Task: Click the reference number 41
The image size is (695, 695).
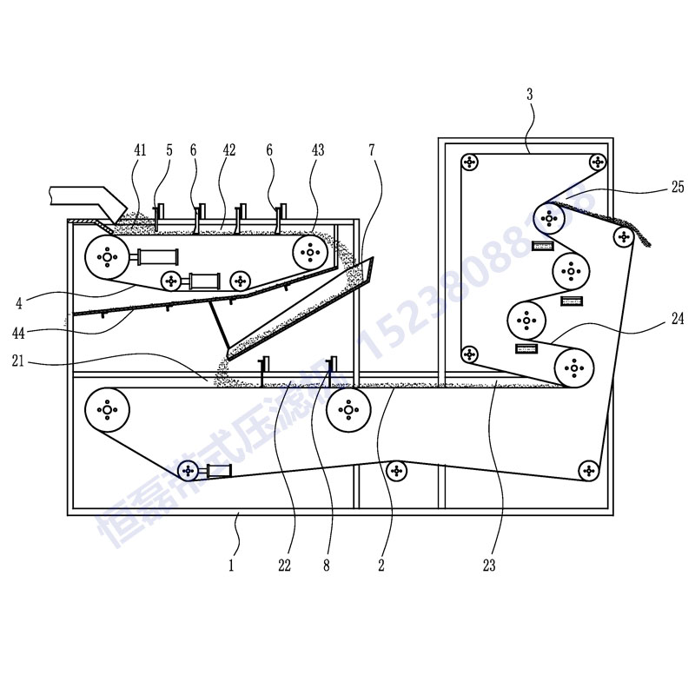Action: [x=141, y=150]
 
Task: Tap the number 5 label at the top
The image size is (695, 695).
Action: [x=169, y=150]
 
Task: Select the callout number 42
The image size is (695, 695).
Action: [x=229, y=150]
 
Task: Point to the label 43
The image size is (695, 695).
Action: [x=317, y=150]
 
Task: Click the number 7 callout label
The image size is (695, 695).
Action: [x=371, y=150]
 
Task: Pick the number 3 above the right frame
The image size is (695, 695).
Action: [x=530, y=94]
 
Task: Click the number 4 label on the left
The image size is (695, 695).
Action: [x=18, y=303]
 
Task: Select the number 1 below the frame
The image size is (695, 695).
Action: [x=231, y=566]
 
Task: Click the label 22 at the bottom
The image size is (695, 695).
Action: [x=284, y=566]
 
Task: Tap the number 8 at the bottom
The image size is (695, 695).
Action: [x=326, y=566]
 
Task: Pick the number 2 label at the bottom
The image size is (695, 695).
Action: [x=381, y=566]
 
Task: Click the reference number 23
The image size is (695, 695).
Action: [x=489, y=566]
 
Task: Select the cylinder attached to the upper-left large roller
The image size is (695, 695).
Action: [x=156, y=256]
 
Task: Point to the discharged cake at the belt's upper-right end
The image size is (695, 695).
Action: [x=641, y=233]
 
